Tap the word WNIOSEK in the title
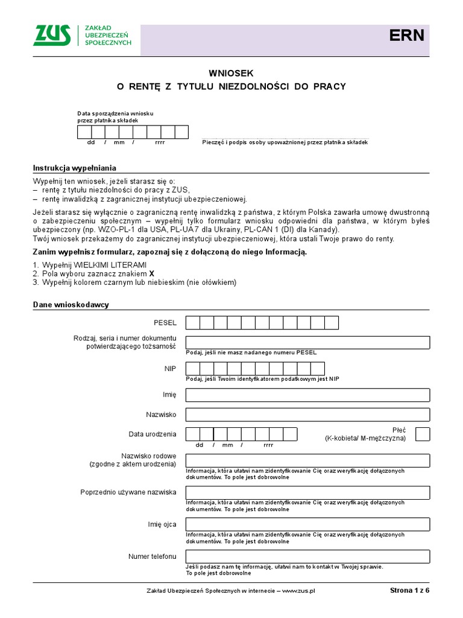click(x=231, y=72)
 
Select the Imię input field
click(x=307, y=395)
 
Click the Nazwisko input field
click(x=307, y=415)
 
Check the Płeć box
click(x=423, y=434)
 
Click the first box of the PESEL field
click(x=193, y=323)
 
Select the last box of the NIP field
click(x=318, y=368)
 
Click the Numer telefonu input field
click(x=307, y=556)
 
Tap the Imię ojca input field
click(x=307, y=524)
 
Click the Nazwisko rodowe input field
click(x=307, y=460)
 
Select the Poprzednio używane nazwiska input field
click(x=307, y=492)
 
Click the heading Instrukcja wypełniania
click(x=74, y=168)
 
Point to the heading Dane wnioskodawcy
click(x=71, y=305)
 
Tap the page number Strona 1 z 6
click(x=410, y=591)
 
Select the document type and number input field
click(x=307, y=342)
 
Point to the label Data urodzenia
click(x=153, y=434)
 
